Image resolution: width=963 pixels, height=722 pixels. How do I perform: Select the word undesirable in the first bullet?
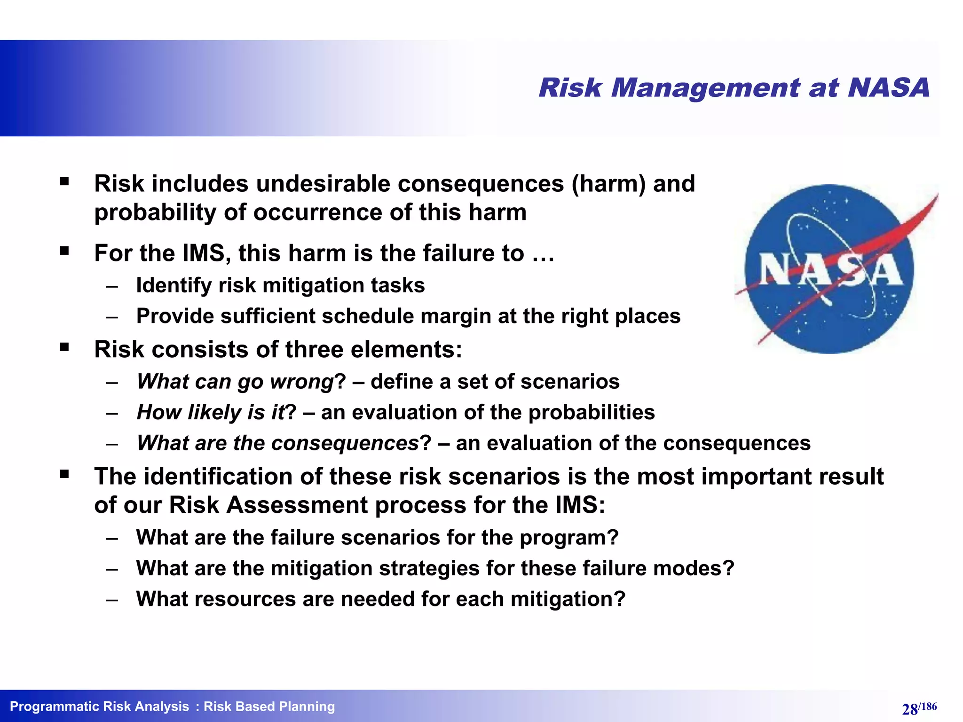(323, 183)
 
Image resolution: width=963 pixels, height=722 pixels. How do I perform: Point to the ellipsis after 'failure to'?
(543, 254)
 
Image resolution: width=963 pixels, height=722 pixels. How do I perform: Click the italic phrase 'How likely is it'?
(211, 412)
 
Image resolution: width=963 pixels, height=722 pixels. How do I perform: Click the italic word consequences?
(345, 443)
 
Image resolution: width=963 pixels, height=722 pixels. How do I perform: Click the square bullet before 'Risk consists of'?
(64, 347)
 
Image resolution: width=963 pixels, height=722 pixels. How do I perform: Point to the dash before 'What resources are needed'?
(112, 600)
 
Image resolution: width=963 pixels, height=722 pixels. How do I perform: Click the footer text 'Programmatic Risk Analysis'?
(99, 706)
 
